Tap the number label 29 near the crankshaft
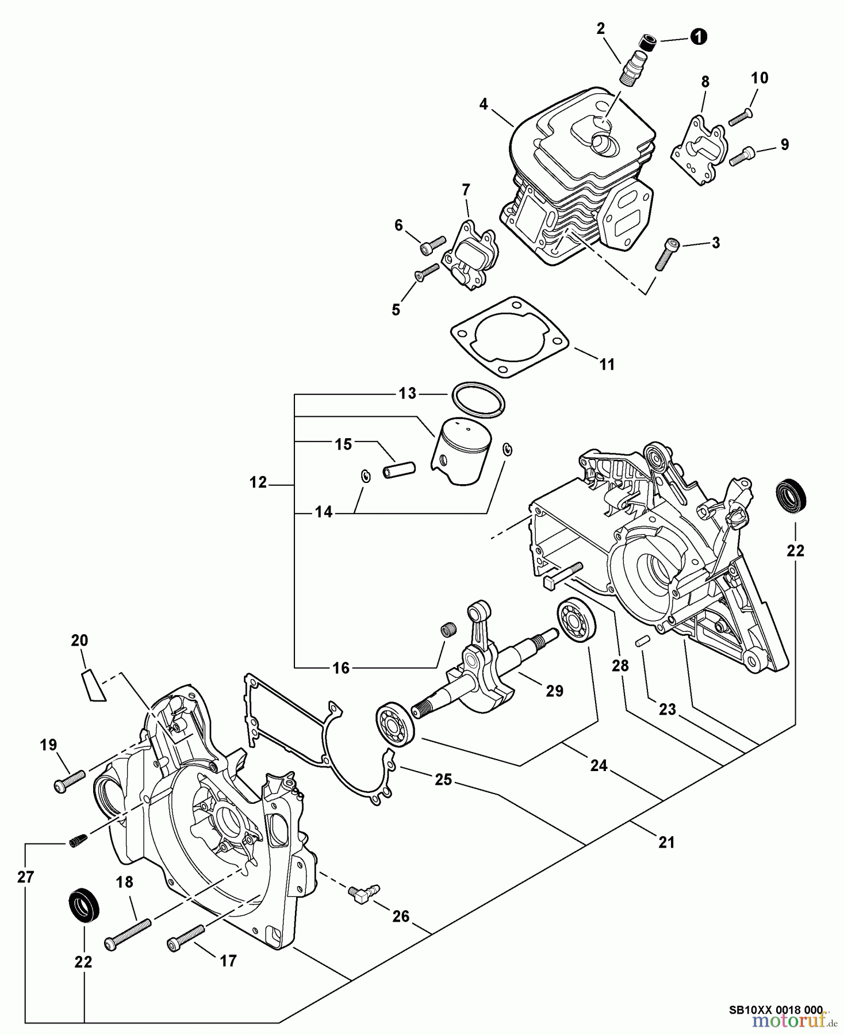pos(554,691)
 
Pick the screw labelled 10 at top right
pos(740,118)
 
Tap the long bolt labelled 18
pos(128,933)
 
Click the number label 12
pos(258,482)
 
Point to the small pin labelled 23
pos(643,640)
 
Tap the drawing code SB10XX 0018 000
pos(776,1009)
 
